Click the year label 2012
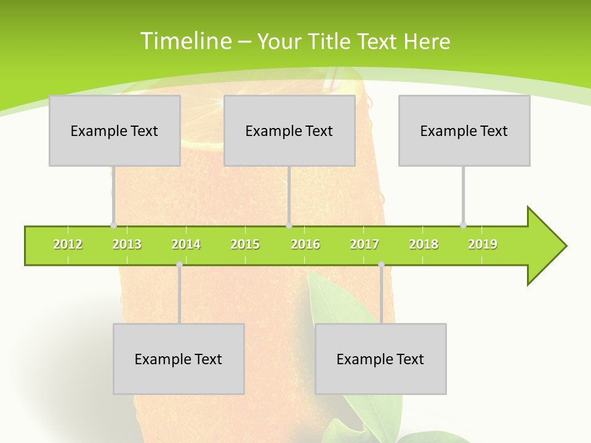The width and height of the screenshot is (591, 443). pyautogui.click(x=68, y=244)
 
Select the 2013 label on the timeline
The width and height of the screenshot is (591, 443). pyautogui.click(x=127, y=244)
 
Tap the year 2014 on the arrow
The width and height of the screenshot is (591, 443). pyautogui.click(x=186, y=244)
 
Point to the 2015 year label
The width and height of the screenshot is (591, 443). pyautogui.click(x=245, y=244)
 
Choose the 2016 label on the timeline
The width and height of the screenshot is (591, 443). pyautogui.click(x=305, y=244)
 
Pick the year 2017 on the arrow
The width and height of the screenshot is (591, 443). pyautogui.click(x=364, y=244)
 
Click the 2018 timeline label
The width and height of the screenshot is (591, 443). pyautogui.click(x=424, y=244)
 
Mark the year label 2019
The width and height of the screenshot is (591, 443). pyautogui.click(x=483, y=244)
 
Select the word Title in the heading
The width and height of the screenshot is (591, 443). pyautogui.click(x=331, y=41)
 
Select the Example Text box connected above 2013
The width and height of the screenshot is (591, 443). pyautogui.click(x=115, y=130)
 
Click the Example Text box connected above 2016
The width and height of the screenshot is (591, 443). pyautogui.click(x=289, y=130)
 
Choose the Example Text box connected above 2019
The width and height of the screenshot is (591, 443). pyautogui.click(x=464, y=130)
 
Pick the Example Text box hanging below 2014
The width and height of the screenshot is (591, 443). pyautogui.click(x=179, y=359)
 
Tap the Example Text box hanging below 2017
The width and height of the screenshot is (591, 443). pyautogui.click(x=380, y=359)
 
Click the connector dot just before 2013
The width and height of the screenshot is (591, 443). pyautogui.click(x=113, y=225)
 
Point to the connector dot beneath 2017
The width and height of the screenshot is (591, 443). pyautogui.click(x=381, y=265)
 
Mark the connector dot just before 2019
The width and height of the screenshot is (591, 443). pyautogui.click(x=463, y=225)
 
